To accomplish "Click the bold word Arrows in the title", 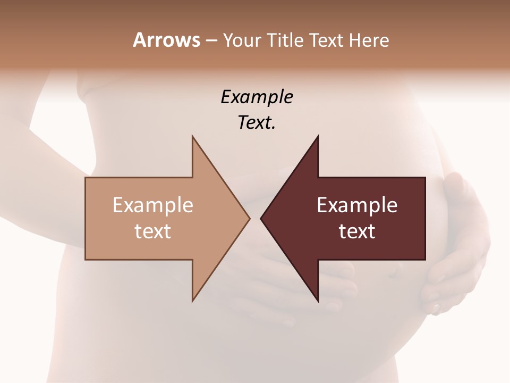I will coord(166,40).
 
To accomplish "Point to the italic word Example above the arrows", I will coord(257,97).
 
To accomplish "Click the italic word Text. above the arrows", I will coord(257,123).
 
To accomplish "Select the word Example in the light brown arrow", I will coord(153,205).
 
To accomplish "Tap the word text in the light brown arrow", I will coord(153,231).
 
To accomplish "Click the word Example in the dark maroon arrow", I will coord(357,205).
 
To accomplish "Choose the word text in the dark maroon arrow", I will coord(357,231).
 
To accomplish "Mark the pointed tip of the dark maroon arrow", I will coord(261,218).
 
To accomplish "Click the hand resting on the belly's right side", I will coord(457,245).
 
